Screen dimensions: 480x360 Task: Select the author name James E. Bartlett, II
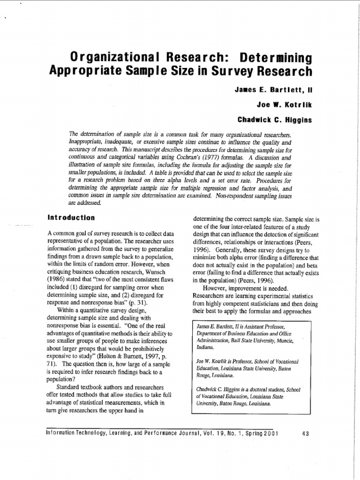click(273, 89)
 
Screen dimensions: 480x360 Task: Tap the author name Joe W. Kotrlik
click(285, 105)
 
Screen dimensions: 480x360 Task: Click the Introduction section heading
click(71, 217)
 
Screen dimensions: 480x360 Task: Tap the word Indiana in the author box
click(205, 347)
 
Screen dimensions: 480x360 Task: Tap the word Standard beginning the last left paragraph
click(70, 387)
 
